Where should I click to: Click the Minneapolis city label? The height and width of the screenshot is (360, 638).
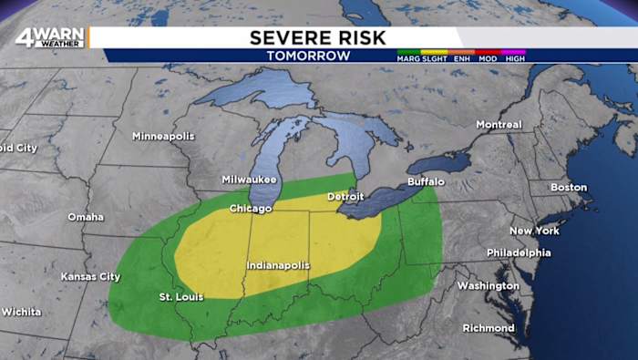[163, 136]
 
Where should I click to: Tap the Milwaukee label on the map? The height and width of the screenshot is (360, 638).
[249, 180]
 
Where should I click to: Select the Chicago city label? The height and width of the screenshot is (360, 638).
[251, 209]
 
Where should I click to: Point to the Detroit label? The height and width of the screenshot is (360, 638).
[345, 196]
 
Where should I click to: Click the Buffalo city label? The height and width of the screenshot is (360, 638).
[426, 181]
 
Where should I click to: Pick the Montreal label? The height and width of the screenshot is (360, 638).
[499, 124]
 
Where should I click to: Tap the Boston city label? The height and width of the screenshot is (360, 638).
[569, 187]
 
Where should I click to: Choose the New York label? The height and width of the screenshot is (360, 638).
[534, 231]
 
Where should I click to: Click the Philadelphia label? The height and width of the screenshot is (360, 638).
[519, 252]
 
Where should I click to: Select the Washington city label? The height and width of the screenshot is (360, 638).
[488, 285]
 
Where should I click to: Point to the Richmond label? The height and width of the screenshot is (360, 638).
[489, 328]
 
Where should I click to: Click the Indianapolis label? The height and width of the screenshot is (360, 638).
[278, 265]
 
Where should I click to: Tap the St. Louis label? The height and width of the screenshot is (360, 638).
[181, 296]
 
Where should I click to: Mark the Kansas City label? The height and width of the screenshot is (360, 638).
[90, 276]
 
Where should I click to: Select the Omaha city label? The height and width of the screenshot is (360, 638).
[86, 217]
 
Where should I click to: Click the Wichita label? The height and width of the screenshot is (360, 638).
[20, 312]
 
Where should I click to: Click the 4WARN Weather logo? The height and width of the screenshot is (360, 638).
[50, 37]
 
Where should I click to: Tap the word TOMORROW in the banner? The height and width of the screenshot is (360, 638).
[308, 56]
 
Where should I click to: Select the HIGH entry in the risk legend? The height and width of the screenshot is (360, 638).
[515, 58]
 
